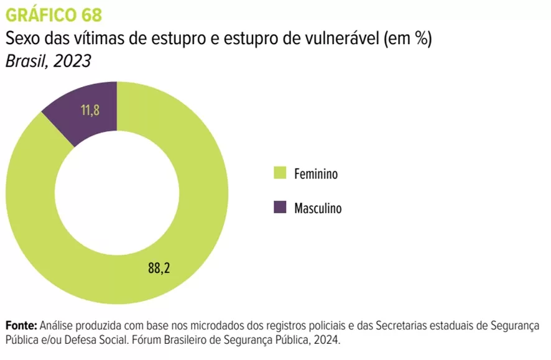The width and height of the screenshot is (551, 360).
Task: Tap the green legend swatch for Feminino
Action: coord(280,173)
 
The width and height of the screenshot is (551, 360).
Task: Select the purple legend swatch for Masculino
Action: coord(280,208)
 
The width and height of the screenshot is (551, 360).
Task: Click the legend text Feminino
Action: coord(316,174)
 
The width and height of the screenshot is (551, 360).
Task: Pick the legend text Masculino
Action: coord(318,208)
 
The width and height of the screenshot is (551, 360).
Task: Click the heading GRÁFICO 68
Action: coord(53,14)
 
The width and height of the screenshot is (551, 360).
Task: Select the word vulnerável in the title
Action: coord(345,39)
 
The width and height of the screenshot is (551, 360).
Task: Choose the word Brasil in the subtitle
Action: coord(25,62)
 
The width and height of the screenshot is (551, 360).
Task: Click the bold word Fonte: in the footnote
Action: coord(21,326)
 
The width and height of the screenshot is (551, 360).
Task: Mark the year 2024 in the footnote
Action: coord(326,341)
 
